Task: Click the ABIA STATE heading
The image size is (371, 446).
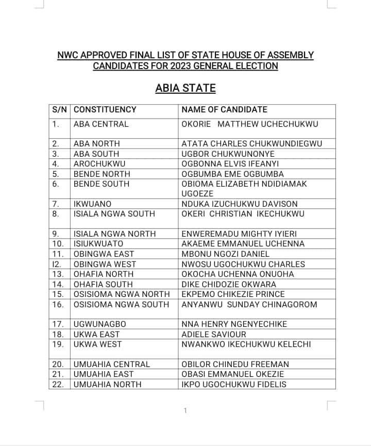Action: (x=185, y=88)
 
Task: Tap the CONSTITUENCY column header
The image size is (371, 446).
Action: (x=105, y=109)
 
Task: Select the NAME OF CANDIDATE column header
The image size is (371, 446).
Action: (x=224, y=109)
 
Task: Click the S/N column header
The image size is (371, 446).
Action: (x=60, y=109)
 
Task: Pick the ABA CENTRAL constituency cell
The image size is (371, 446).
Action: (x=101, y=124)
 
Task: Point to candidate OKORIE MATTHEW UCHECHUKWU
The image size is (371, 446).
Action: (x=250, y=124)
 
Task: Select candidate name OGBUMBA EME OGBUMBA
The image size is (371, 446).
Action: (x=232, y=174)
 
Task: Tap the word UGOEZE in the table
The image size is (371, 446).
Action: (x=197, y=193)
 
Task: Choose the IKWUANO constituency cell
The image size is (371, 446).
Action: (x=92, y=204)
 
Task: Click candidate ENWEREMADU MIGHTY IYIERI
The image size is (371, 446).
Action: (x=239, y=234)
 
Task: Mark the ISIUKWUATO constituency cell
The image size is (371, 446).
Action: (x=98, y=243)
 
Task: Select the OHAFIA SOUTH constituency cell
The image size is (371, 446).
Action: (x=103, y=284)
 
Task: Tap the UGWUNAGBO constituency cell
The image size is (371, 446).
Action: (x=100, y=324)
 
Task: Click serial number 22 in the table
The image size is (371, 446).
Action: (x=58, y=384)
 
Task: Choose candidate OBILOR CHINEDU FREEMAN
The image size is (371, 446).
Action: (x=235, y=364)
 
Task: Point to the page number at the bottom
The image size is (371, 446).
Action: (x=185, y=410)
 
